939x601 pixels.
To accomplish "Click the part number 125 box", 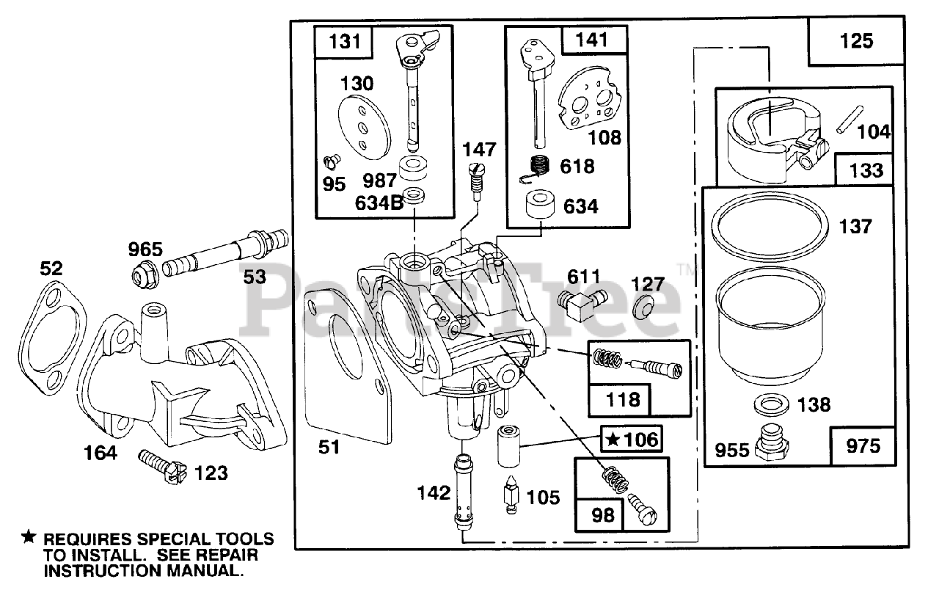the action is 856,41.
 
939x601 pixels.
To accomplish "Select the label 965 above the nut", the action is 145,249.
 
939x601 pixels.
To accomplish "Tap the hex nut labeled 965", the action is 145,274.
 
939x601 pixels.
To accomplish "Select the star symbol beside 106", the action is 613,440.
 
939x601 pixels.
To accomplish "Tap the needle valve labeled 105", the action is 511,494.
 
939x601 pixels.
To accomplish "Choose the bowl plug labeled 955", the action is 771,443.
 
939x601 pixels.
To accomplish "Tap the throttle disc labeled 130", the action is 364,128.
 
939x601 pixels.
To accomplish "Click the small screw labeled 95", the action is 332,161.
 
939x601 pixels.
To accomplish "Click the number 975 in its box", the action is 863,446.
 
